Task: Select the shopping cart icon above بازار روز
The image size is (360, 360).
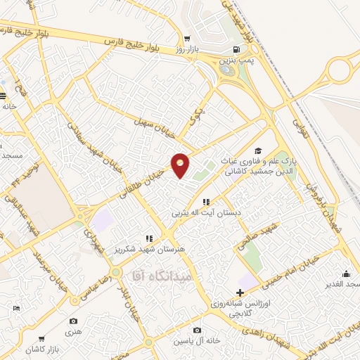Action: [186, 38]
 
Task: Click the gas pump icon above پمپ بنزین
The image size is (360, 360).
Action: [234, 49]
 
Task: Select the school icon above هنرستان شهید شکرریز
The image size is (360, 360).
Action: [148, 238]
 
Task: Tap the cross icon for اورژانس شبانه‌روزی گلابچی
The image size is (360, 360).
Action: [240, 292]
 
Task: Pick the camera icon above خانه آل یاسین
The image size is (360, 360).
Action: [198, 330]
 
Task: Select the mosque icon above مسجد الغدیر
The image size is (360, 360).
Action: [345, 274]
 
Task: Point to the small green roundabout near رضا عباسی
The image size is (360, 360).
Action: [115, 271]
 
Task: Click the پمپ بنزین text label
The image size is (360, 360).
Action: [236, 62]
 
